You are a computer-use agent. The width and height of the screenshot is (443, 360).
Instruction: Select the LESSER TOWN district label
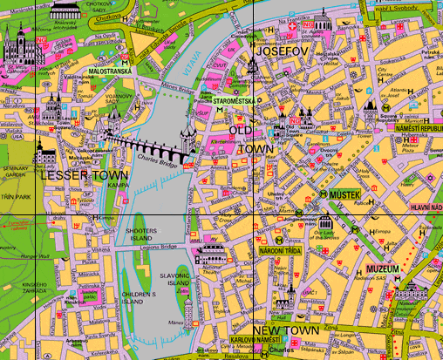[84, 174]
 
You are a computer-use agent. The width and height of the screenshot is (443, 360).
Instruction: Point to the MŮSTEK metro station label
[344, 194]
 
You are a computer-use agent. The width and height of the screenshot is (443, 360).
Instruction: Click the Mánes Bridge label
[174, 85]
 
